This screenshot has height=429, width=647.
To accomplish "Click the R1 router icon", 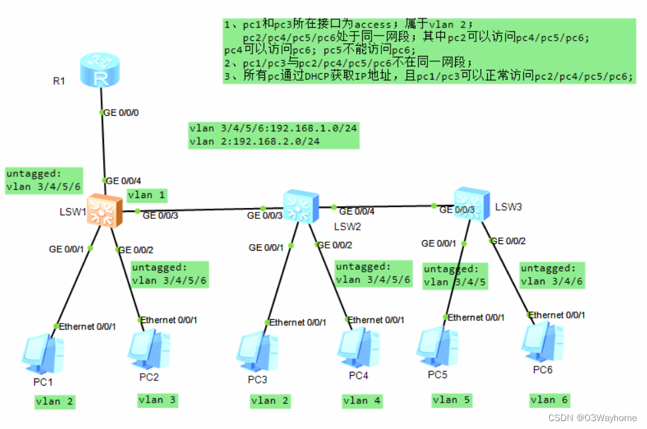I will [x=101, y=70].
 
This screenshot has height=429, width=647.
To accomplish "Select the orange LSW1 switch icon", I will [x=102, y=210].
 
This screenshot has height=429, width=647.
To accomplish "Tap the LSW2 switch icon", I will [x=300, y=207].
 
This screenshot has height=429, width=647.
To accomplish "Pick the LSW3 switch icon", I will [x=471, y=202].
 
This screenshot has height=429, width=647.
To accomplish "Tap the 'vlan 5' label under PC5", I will [x=452, y=399].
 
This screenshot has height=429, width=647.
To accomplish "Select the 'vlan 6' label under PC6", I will [x=549, y=399].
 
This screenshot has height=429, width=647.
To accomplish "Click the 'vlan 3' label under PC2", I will [x=157, y=399].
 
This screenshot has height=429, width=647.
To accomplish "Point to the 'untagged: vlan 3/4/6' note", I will [x=552, y=275].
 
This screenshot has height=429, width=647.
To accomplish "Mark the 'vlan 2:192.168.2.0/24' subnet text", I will [x=254, y=141].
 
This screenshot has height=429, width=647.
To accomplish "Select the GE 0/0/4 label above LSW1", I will [x=122, y=180].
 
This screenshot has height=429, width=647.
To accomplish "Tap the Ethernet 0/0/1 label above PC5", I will [x=477, y=317].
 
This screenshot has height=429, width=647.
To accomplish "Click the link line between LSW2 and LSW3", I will [x=385, y=207].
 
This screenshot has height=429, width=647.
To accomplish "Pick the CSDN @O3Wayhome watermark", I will [x=592, y=418].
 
